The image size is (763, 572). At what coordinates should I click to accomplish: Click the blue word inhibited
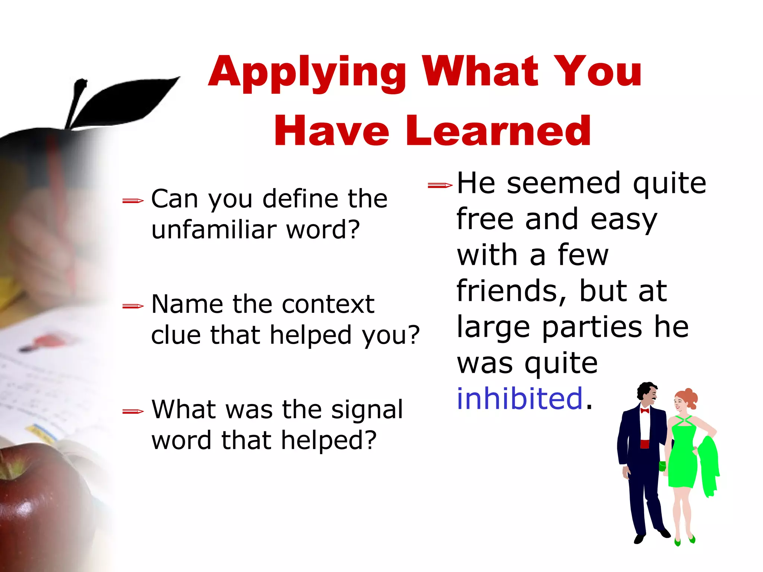pyautogui.click(x=519, y=398)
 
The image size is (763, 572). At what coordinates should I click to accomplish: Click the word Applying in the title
pyautogui.click(x=307, y=72)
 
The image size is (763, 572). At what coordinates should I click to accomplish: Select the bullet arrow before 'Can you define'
pyautogui.click(x=133, y=201)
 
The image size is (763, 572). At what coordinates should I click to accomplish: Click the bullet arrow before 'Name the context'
pyautogui.click(x=133, y=306)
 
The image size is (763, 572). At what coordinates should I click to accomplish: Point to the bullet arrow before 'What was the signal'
pyautogui.click(x=133, y=411)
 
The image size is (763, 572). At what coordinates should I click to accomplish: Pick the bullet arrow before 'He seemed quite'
pyautogui.click(x=440, y=185)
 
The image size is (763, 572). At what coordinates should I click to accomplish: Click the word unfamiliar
pyautogui.click(x=213, y=229)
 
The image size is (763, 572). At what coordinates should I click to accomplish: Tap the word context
pyautogui.click(x=328, y=304)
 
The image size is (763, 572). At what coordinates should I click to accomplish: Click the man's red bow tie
pyautogui.click(x=645, y=411)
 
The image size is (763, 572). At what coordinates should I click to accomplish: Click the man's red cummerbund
pyautogui.click(x=645, y=444)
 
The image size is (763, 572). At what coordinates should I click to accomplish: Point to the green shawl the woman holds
pyautogui.click(x=709, y=465)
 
